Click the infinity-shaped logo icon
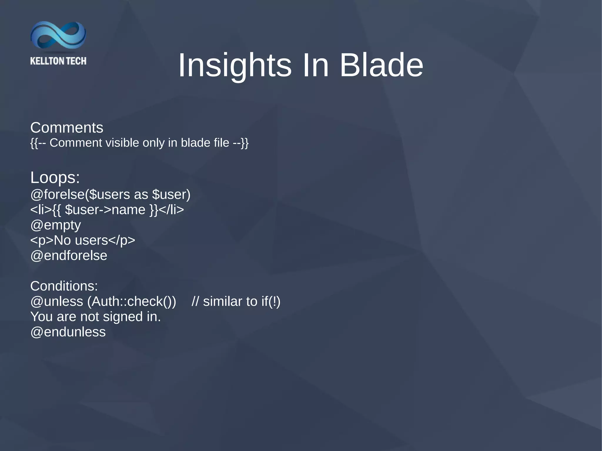(x=58, y=35)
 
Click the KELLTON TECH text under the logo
(x=58, y=61)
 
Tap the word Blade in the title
(x=381, y=65)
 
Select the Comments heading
(x=67, y=128)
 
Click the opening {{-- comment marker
(x=38, y=143)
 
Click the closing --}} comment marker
(x=241, y=143)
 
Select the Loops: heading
(x=55, y=178)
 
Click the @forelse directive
(x=57, y=195)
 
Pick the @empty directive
(x=56, y=225)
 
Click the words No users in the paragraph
(x=81, y=240)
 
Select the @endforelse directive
(x=69, y=256)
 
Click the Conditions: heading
(x=64, y=286)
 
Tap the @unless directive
(x=57, y=301)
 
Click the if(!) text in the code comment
(x=271, y=301)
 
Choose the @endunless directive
(x=68, y=332)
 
